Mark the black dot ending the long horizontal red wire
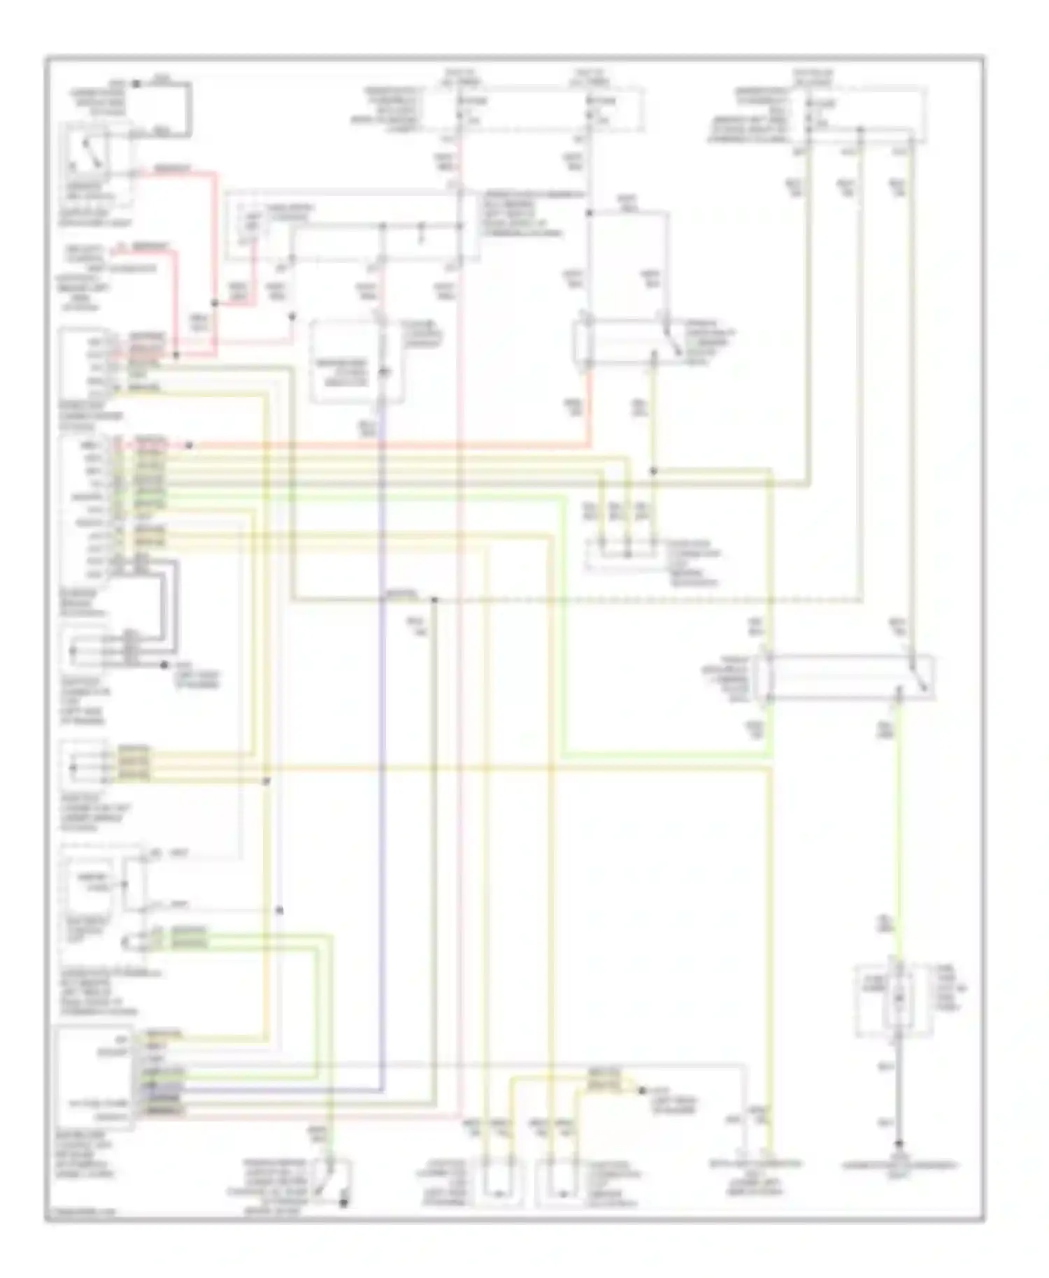[189, 445]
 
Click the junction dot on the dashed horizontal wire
[434, 600]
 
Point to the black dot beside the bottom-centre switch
[343, 1204]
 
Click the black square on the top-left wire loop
[136, 84]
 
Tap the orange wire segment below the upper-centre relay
[589, 405]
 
